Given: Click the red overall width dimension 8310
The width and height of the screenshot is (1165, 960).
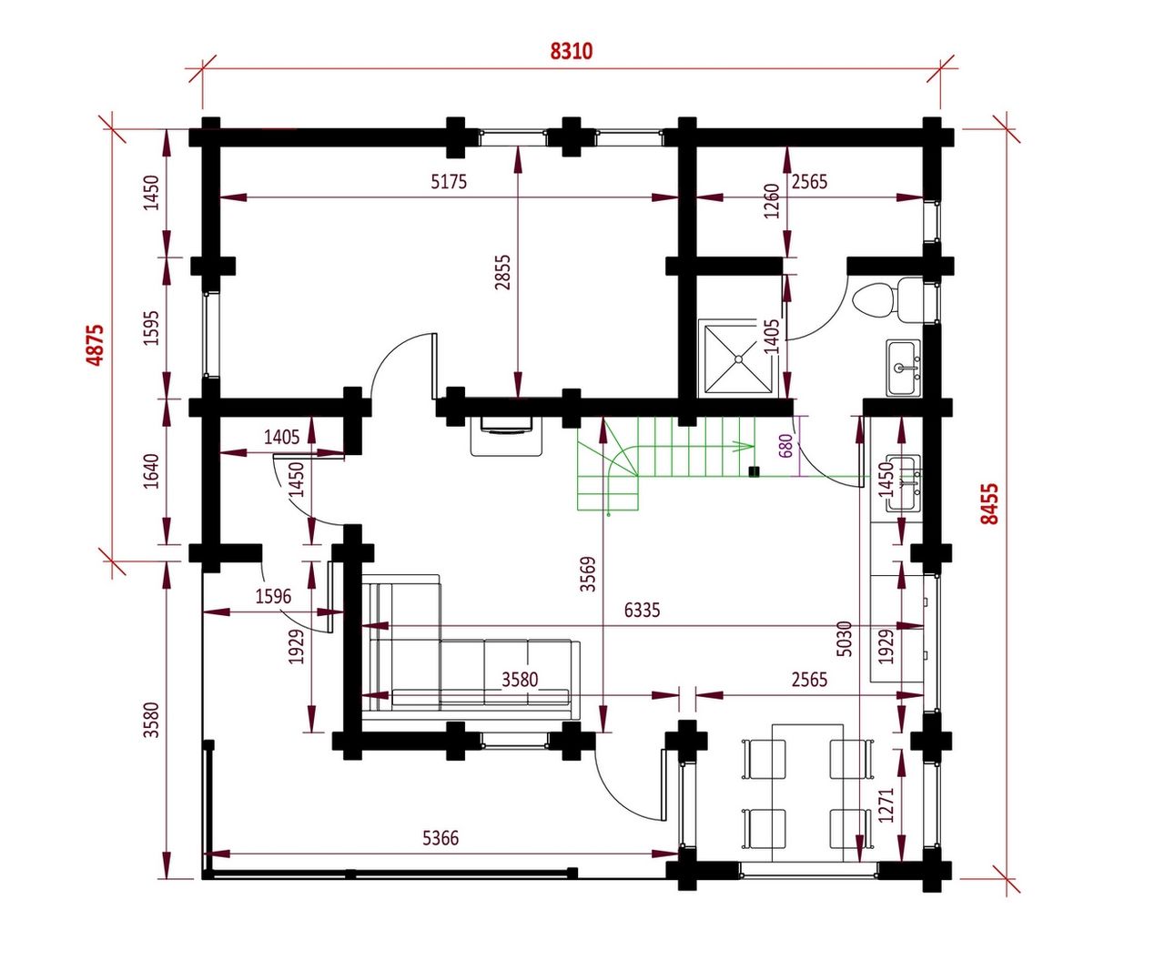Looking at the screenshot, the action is [571, 51].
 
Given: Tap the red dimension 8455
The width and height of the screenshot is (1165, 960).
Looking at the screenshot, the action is [990, 504].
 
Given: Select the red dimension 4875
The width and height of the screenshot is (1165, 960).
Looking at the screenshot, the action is [96, 345].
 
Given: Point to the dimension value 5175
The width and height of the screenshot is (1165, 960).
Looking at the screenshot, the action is [449, 182].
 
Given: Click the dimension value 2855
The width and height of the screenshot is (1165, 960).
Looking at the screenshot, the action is [502, 273].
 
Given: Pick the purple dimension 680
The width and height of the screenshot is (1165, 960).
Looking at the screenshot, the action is [786, 446].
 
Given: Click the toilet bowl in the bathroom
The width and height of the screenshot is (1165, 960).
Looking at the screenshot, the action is [873, 300].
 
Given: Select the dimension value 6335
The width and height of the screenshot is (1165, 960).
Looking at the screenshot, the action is [642, 611].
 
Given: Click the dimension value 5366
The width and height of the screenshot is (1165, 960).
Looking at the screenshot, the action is [441, 838].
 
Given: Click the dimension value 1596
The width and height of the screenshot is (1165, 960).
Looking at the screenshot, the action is [273, 596].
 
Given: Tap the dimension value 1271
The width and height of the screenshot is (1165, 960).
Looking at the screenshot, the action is [886, 805].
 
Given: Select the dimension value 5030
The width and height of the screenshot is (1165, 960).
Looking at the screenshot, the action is [845, 639].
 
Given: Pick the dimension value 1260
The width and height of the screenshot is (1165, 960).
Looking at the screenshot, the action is [772, 201].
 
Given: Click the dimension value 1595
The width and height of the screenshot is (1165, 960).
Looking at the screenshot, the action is [152, 328].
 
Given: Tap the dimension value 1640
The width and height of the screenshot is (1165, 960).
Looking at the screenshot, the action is [152, 471].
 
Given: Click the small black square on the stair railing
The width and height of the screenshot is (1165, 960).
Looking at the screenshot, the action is [754, 472].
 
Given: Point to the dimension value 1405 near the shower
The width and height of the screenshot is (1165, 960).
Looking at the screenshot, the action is [772, 337].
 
